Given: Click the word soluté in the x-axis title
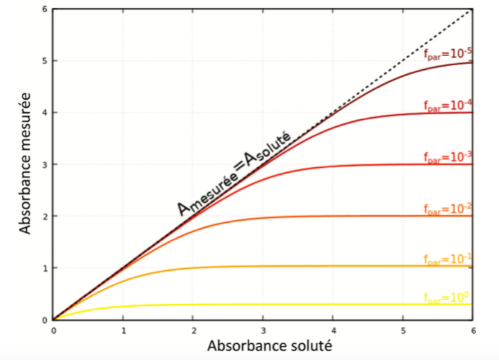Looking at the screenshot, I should click(299, 345).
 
